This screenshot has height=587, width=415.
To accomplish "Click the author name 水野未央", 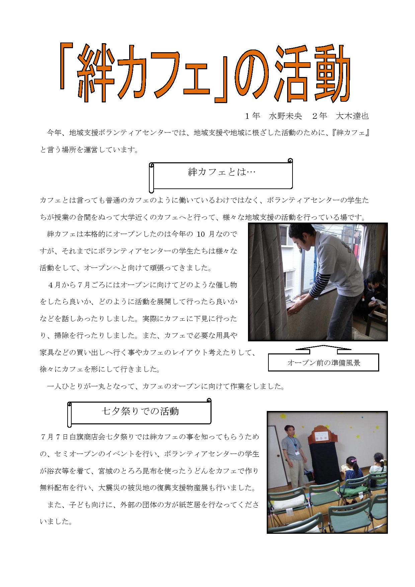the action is point(285,116).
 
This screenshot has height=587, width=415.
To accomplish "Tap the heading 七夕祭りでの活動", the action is point(140,411).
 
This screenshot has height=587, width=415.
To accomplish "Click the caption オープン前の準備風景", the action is point(324,363).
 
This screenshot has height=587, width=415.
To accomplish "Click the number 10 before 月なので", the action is point(201,234).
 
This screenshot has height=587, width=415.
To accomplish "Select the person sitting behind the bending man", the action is point(374,291).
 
